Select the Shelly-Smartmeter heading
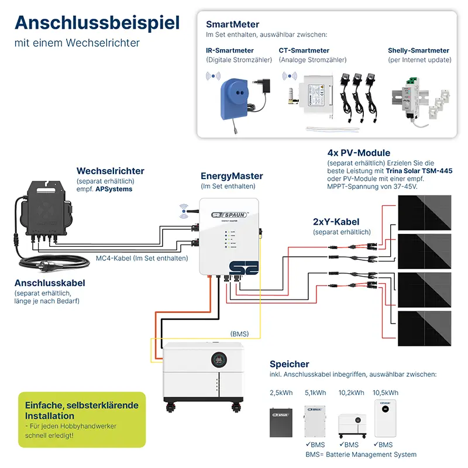(418, 51)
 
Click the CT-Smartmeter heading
(304, 51)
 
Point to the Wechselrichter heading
(110, 171)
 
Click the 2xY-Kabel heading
(336, 222)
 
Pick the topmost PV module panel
(425, 212)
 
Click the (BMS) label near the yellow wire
(239, 334)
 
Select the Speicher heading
(289, 364)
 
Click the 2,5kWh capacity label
(281, 393)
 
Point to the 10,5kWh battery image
(385, 418)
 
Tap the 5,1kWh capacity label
(316, 393)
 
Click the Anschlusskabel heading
(50, 283)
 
